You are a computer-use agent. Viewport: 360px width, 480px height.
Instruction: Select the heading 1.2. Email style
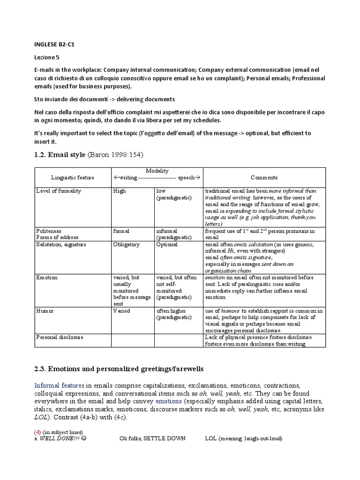click(60, 155)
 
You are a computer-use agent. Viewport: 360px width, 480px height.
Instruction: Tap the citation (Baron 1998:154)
click(117, 155)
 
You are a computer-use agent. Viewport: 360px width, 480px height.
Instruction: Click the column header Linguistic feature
click(73, 178)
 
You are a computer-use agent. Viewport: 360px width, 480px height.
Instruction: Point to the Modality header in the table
click(157, 171)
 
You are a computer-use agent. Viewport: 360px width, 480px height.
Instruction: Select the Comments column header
click(263, 178)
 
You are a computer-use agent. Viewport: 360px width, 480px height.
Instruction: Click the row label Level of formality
click(59, 191)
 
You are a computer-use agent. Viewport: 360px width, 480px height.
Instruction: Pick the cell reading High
click(120, 191)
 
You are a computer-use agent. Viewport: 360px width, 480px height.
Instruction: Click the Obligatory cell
click(126, 244)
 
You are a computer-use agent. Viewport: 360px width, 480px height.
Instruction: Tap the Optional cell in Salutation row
click(167, 244)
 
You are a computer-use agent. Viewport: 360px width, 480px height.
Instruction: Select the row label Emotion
click(47, 277)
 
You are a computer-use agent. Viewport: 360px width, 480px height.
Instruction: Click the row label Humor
click(45, 311)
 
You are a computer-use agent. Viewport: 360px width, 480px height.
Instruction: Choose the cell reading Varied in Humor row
click(121, 311)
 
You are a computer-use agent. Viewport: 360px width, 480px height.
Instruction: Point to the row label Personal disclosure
click(60, 337)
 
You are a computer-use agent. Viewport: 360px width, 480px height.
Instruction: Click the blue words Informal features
click(59, 385)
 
